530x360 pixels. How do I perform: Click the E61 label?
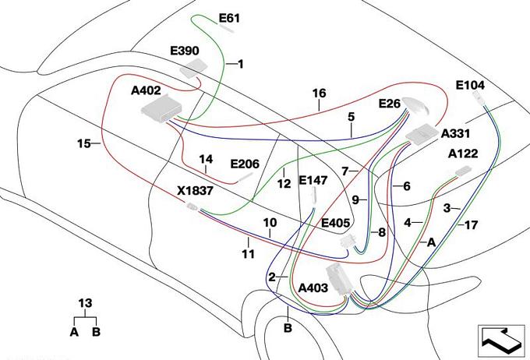click(x=229, y=18)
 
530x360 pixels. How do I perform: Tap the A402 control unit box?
click(x=161, y=108)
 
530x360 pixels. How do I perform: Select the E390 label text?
click(x=185, y=51)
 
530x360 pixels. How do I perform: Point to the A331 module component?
click(x=421, y=134)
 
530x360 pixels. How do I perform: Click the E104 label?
click(x=470, y=85)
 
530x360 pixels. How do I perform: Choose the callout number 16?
click(x=319, y=94)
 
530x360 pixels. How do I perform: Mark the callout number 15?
click(x=84, y=143)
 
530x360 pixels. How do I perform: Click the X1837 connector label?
click(x=195, y=191)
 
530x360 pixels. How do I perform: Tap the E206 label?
click(x=245, y=164)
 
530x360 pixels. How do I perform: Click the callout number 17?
click(x=471, y=224)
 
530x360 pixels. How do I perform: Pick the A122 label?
click(x=463, y=154)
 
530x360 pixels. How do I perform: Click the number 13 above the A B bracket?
click(x=85, y=303)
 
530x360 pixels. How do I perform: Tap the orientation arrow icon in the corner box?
click(x=501, y=340)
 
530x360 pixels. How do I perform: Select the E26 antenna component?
click(x=415, y=105)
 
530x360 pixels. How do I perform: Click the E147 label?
click(x=313, y=181)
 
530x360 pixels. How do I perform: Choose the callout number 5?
click(x=352, y=117)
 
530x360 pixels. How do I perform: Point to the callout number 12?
click(x=284, y=184)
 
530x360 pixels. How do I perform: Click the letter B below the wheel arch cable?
click(x=288, y=328)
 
